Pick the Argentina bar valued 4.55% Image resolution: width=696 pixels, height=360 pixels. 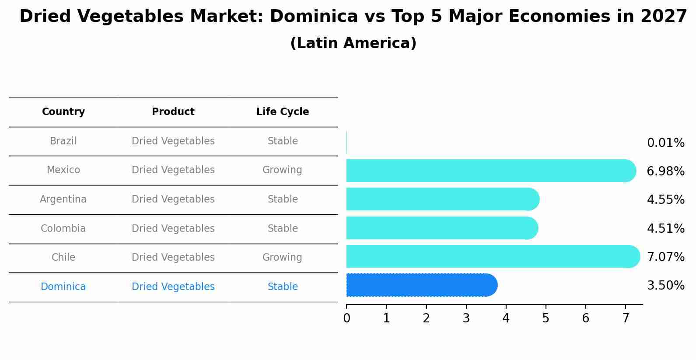(x=442, y=199)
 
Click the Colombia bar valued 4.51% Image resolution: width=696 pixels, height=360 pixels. (x=441, y=228)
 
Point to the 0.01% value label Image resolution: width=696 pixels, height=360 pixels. (x=665, y=143)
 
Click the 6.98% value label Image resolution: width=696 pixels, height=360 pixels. (x=665, y=171)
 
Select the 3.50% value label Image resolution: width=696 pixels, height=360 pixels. (x=665, y=286)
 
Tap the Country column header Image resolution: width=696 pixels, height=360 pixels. (x=63, y=112)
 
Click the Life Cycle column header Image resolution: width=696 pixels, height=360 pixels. (x=283, y=112)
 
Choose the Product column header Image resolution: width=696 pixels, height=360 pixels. (x=173, y=112)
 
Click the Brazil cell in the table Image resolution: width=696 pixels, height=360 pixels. (x=63, y=141)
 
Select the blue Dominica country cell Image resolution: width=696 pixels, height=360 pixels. (x=63, y=287)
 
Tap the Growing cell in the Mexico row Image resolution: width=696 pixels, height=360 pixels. (x=282, y=170)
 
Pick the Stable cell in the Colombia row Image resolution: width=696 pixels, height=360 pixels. (x=283, y=229)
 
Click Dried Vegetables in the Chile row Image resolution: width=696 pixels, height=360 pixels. (x=173, y=258)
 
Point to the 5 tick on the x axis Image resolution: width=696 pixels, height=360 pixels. (x=546, y=318)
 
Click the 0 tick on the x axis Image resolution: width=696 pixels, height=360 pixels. (x=346, y=318)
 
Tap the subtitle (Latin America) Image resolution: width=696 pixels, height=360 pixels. (x=353, y=43)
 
